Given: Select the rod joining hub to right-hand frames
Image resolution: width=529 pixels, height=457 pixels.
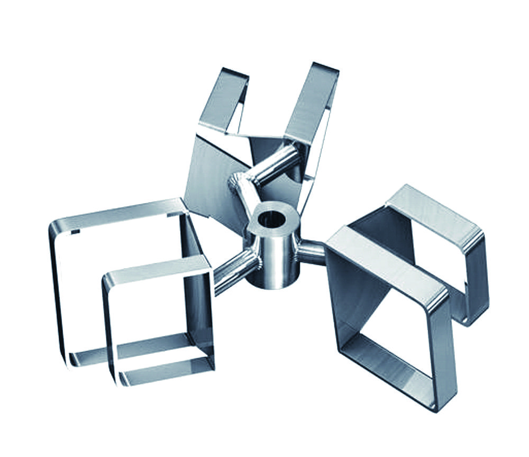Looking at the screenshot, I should coord(312,250).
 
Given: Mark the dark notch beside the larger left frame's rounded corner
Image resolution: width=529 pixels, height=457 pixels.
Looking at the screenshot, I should coord(76,232).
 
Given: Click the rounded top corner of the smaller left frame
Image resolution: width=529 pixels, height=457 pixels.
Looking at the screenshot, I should coord(108,279).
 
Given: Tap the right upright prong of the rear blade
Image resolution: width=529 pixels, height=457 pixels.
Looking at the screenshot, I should coord(312,100).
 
